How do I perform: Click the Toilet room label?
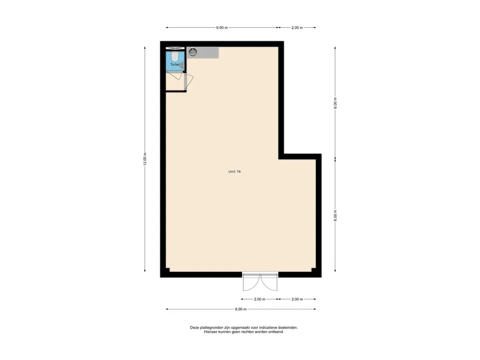(x=175, y=65)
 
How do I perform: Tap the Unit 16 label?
(x=234, y=172)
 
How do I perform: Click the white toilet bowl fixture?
(x=175, y=56)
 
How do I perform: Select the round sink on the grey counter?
(x=193, y=52)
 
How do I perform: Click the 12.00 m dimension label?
(x=145, y=159)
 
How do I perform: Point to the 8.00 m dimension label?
(x=241, y=309)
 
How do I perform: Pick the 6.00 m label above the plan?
(x=222, y=28)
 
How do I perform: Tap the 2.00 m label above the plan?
(x=297, y=28)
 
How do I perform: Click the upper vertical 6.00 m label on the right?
(x=335, y=103)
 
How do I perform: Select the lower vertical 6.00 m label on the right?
(x=335, y=216)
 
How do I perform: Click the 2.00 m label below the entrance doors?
(x=260, y=299)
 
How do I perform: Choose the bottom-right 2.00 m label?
(x=297, y=299)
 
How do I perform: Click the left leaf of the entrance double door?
(x=251, y=282)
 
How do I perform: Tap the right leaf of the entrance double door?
(x=269, y=282)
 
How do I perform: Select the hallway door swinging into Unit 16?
(x=189, y=81)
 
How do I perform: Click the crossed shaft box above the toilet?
(x=175, y=48)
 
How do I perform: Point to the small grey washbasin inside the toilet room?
(x=183, y=65)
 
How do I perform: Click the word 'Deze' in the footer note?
(x=195, y=328)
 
